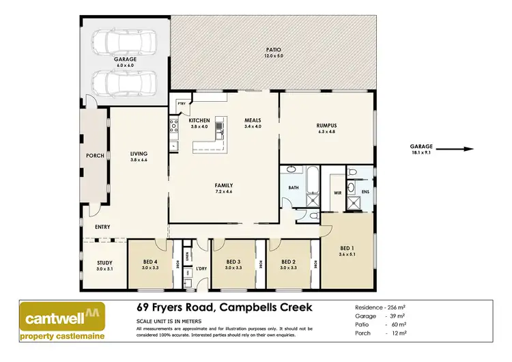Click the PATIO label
coord(273,50)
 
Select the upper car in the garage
coord(125,44)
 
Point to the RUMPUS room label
coord(327,125)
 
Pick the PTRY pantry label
coord(182,105)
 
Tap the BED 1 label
coord(347,248)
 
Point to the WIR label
coord(337,193)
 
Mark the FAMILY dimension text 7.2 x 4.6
coord(223,193)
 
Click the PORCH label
coord(95,156)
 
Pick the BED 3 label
coord(233,262)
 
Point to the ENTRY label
coord(102,227)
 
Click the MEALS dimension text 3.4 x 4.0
coord(253,127)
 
